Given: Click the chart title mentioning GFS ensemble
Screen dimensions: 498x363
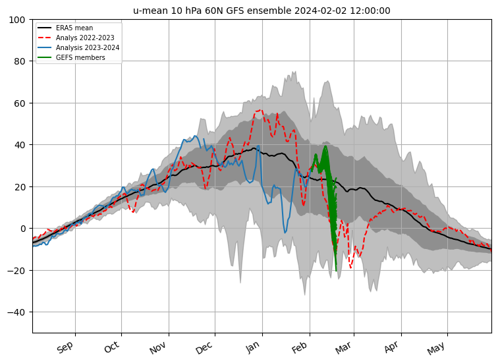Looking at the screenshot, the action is pos(262,11).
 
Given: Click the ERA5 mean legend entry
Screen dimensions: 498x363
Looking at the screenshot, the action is pos(65,28).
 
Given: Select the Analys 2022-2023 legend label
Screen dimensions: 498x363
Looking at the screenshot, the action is pos(76,38).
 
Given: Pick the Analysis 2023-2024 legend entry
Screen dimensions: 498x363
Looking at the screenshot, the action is pos(78,47).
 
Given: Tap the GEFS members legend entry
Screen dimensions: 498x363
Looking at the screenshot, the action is pos(71,57).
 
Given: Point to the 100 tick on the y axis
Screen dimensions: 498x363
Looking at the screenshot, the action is pos(17,20).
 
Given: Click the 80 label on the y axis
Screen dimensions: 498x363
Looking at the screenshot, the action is pos(20,61).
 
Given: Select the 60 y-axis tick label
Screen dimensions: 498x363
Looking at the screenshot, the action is pos(20,103).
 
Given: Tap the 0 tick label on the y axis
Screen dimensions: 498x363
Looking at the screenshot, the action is pos(22,229).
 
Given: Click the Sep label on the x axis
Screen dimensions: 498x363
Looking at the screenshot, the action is pos(65,347).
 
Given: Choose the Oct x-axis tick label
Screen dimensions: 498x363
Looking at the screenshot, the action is pos(112,347).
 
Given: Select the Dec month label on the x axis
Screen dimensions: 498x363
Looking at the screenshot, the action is pos(204,348).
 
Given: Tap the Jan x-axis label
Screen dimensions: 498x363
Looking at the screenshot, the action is pos(252,347).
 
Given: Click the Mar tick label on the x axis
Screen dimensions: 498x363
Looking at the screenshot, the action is pos(343,348).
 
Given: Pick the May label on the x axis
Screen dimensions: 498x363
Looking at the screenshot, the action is pos(436,349).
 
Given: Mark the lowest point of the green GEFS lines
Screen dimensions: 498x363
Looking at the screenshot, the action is pos(336,271).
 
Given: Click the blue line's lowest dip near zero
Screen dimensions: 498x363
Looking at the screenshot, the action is pos(285,233).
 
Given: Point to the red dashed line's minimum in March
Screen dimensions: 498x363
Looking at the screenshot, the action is pos(350,267).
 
